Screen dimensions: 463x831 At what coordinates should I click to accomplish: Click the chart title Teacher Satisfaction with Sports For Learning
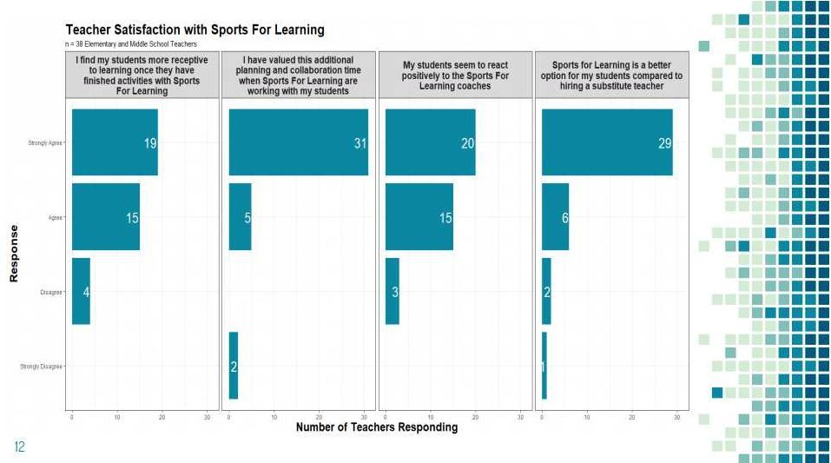(x=195, y=30)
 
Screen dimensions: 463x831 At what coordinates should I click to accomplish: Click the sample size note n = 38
(x=131, y=44)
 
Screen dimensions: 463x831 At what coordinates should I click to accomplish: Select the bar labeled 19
(x=115, y=142)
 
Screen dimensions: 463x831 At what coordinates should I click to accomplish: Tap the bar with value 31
(x=298, y=142)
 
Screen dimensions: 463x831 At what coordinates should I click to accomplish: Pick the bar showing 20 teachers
(x=430, y=142)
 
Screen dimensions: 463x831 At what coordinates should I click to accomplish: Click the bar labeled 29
(x=607, y=142)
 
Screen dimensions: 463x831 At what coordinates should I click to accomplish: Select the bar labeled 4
(x=81, y=291)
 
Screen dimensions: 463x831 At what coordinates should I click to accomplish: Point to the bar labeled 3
(x=392, y=291)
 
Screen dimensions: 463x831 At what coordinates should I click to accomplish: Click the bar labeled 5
(x=240, y=216)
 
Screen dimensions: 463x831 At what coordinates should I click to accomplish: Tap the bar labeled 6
(x=555, y=216)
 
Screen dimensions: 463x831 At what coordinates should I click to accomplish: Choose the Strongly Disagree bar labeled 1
(x=544, y=366)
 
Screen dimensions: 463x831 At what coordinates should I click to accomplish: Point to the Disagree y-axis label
(x=50, y=292)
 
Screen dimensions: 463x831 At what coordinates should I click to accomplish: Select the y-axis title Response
(x=14, y=253)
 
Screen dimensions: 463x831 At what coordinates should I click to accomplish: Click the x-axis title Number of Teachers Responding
(x=376, y=427)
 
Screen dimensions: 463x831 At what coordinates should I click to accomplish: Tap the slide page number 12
(x=19, y=447)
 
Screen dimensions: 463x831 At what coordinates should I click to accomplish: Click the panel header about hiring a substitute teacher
(x=610, y=76)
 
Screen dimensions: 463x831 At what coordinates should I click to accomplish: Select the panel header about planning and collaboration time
(x=299, y=76)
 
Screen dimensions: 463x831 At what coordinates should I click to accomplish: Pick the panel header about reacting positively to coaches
(x=455, y=76)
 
